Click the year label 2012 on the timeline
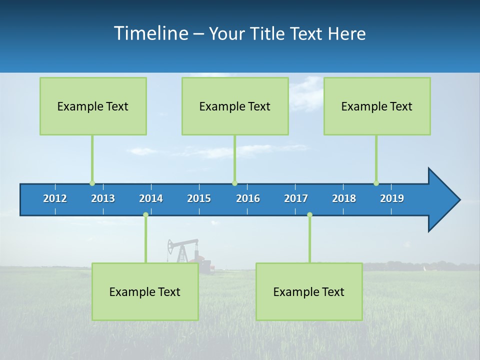pos(55,198)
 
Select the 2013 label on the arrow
pos(103,198)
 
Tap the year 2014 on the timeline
pos(151,198)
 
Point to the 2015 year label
pos(199,198)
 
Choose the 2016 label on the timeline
pos(248,198)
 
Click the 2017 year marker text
pos(296,198)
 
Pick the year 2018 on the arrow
pos(344,198)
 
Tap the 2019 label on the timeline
pos(392,198)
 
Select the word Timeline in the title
pos(150,33)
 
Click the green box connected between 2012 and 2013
pos(93,106)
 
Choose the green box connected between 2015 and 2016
pos(235,106)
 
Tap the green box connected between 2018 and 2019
pos(377,106)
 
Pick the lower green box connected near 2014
pos(145,291)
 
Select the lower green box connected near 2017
pos(309,291)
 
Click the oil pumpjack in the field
pos(182,250)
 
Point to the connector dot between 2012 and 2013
pos(92,183)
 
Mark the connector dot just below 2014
pos(145,215)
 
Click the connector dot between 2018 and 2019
pos(376,183)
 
